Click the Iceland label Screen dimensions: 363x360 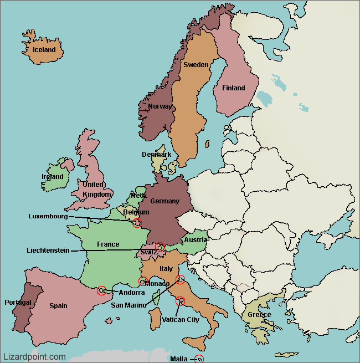(44, 50)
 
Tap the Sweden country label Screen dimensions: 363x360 (196, 65)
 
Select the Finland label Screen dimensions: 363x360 (233, 88)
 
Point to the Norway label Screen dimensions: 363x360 (160, 106)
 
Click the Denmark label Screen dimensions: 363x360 (156, 155)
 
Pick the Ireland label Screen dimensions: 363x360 (53, 177)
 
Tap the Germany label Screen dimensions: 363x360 (164, 201)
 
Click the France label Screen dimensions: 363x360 (108, 244)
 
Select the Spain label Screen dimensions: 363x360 (58, 305)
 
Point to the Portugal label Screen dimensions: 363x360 (18, 303)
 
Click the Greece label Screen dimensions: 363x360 (259, 315)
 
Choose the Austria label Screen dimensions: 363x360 (196, 240)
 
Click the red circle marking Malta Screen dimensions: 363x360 (199, 359)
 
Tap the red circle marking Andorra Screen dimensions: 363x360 (101, 290)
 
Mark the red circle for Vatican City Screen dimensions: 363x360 (180, 301)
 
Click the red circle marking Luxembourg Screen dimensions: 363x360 (137, 223)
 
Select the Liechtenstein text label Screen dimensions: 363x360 (48, 250)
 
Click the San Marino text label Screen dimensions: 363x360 (128, 305)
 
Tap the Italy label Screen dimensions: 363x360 (166, 269)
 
